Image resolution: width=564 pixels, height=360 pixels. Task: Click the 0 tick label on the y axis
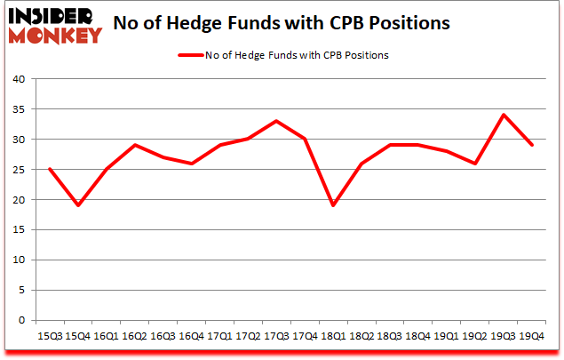(23, 321)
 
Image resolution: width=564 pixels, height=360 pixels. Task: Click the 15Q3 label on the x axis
(50, 337)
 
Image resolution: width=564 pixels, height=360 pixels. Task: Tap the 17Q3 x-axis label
(276, 337)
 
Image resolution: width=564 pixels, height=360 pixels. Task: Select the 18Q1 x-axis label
(333, 337)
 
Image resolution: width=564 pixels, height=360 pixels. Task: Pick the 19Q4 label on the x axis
(531, 337)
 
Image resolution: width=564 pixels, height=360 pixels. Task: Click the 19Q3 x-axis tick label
(503, 337)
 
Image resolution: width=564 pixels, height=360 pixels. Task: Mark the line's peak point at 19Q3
(503, 115)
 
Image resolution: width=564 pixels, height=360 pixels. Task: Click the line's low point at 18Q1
(333, 205)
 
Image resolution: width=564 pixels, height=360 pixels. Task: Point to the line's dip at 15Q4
(78, 205)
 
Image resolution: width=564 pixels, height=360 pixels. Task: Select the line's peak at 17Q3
(276, 121)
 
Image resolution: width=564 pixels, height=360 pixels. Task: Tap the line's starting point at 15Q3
(50, 169)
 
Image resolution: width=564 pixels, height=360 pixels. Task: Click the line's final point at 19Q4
(531, 145)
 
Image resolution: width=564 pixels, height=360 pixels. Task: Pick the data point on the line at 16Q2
(135, 145)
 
